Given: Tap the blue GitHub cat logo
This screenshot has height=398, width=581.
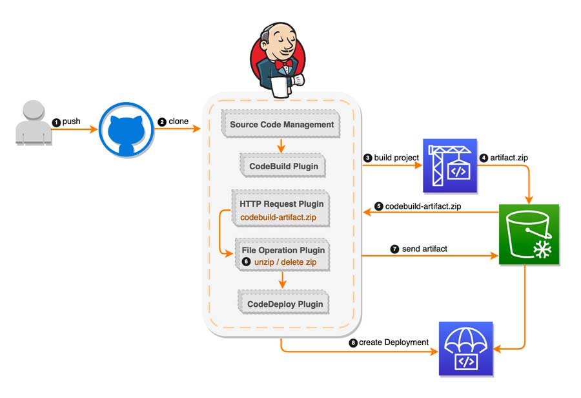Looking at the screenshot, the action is tap(126, 131).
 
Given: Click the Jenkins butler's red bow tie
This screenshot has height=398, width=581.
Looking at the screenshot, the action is tap(283, 65).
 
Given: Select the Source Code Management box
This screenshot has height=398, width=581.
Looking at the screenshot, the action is tap(281, 124).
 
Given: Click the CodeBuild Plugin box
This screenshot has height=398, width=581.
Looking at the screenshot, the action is tap(283, 166).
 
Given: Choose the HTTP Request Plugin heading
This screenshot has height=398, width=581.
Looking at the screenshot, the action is tap(281, 204).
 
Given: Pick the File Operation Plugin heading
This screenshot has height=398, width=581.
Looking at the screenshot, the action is tap(283, 250).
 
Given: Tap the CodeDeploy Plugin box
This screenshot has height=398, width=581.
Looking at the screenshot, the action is tap(284, 304).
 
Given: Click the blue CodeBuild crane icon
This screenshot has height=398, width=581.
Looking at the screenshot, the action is tap(450, 166).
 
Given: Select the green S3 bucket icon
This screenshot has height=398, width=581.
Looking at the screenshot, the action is tap(529, 235).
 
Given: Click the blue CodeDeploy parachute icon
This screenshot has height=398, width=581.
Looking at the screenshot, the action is tap(465, 349).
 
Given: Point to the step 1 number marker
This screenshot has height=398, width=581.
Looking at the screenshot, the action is tap(56, 122).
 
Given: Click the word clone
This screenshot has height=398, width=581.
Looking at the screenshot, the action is tap(179, 121).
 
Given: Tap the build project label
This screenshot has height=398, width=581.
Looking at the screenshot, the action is tap(396, 158).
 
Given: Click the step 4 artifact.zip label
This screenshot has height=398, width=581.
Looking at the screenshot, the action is tap(509, 158).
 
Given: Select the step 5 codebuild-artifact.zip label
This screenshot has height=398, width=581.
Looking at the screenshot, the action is tap(423, 206).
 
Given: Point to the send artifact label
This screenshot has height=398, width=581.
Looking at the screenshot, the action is tap(424, 249).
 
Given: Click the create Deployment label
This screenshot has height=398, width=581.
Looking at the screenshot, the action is tap(394, 342).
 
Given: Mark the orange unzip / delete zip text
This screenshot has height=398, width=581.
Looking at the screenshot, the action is tap(285, 262).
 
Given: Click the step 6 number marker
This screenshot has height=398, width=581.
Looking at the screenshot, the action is tap(247, 262).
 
